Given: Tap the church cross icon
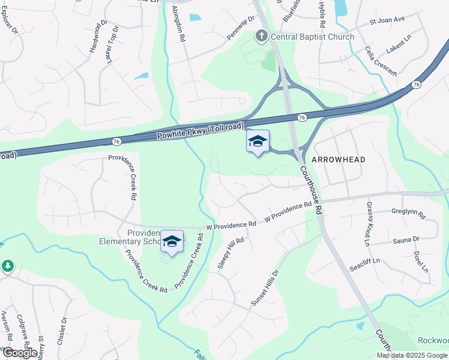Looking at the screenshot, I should [x=261, y=37].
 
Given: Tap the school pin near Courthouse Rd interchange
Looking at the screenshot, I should [x=258, y=142].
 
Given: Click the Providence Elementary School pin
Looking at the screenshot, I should [x=172, y=242].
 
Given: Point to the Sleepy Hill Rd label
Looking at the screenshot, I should [x=231, y=253].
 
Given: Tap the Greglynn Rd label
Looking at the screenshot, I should [x=408, y=213].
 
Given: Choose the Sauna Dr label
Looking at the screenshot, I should [x=406, y=240].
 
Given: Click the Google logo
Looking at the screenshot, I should [x=19, y=353].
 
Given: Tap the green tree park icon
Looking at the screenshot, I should [x=7, y=265].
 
